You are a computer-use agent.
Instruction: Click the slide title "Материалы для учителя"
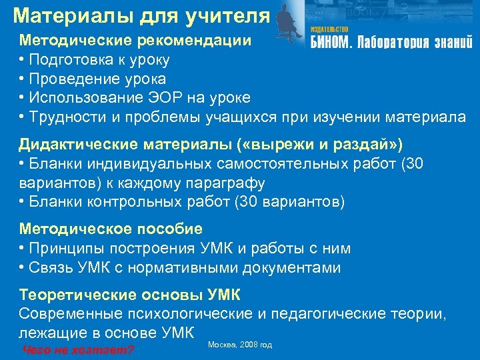pos(141,15)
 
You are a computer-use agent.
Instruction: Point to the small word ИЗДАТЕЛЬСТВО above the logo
pos(329,29)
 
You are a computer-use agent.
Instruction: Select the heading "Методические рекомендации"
pos(135,40)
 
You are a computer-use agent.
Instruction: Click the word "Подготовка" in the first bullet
pos(69,59)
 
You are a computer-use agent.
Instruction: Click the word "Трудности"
pos(64,117)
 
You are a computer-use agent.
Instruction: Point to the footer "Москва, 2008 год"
pos(239,345)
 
